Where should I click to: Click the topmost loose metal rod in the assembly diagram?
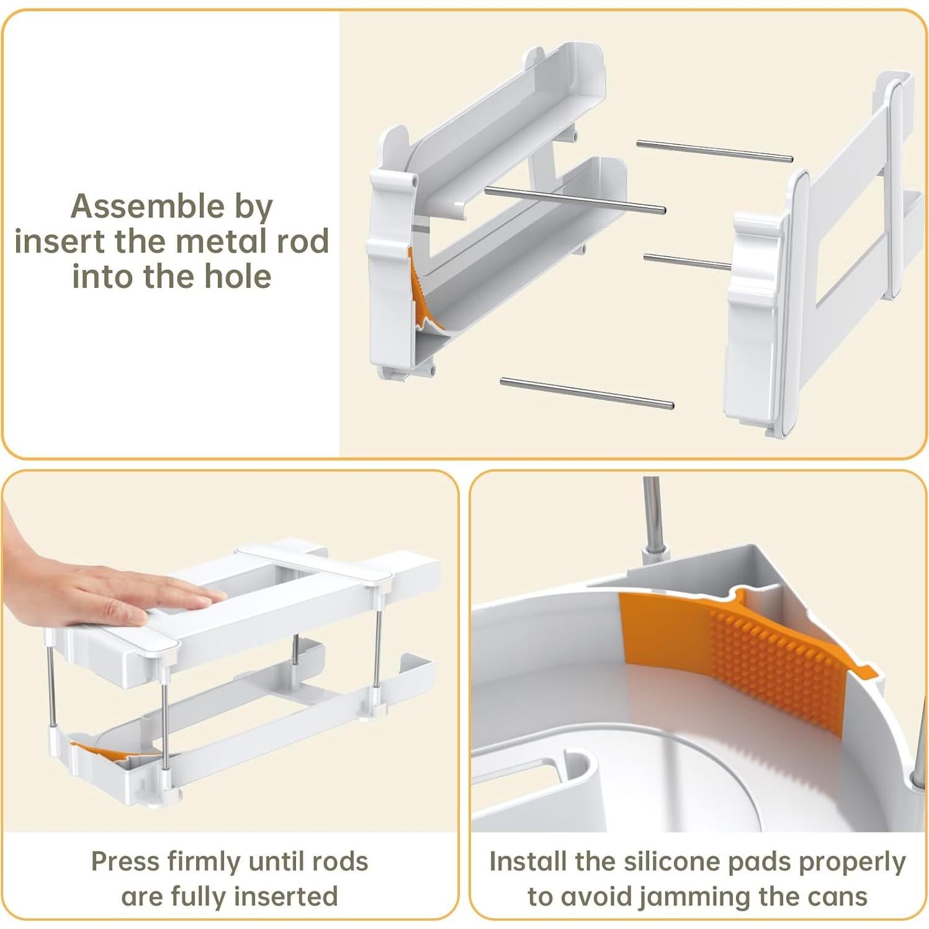click(x=714, y=151)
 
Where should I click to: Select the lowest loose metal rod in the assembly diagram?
click(x=587, y=393)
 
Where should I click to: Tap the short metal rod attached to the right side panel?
click(x=688, y=262)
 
